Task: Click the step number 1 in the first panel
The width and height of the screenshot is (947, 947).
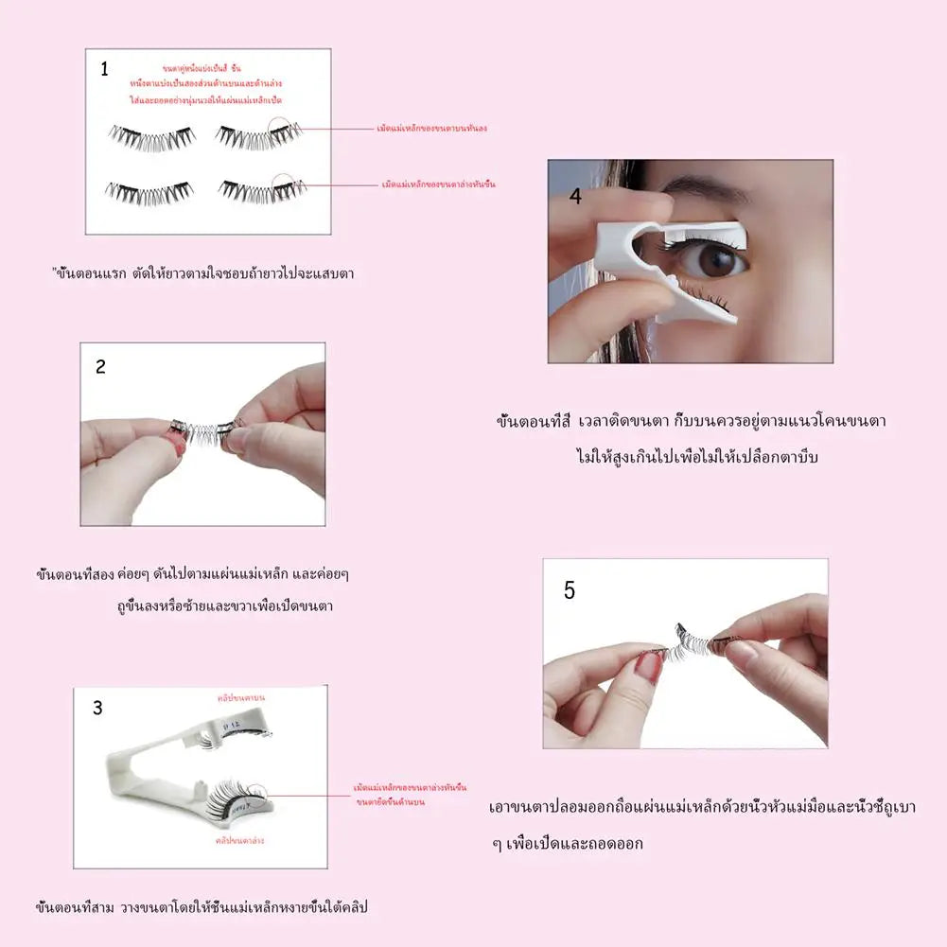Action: pos(104,68)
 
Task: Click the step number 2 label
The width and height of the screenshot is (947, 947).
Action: pos(100,367)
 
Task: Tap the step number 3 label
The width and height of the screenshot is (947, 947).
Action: pos(97,708)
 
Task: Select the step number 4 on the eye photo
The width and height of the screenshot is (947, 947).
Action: pos(576,196)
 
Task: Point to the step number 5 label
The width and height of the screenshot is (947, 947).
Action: pos(569,590)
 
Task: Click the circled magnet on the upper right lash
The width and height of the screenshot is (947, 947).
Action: pos(280,129)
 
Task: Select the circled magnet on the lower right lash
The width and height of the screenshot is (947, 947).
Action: pos(285,184)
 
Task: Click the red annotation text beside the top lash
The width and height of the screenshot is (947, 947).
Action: pos(437,128)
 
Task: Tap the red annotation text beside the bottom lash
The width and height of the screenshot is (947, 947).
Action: pos(439,184)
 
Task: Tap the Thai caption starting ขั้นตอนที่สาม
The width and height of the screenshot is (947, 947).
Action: pos(201,907)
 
